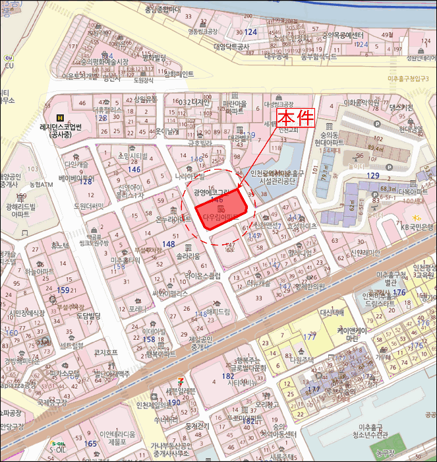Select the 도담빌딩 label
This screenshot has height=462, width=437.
[82, 316]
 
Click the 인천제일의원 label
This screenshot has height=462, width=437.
[157, 405]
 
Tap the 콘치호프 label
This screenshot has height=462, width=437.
[105, 352]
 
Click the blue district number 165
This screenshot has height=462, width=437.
[90, 445]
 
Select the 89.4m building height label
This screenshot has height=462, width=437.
[376, 148]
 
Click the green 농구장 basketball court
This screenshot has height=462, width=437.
[381, 453]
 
